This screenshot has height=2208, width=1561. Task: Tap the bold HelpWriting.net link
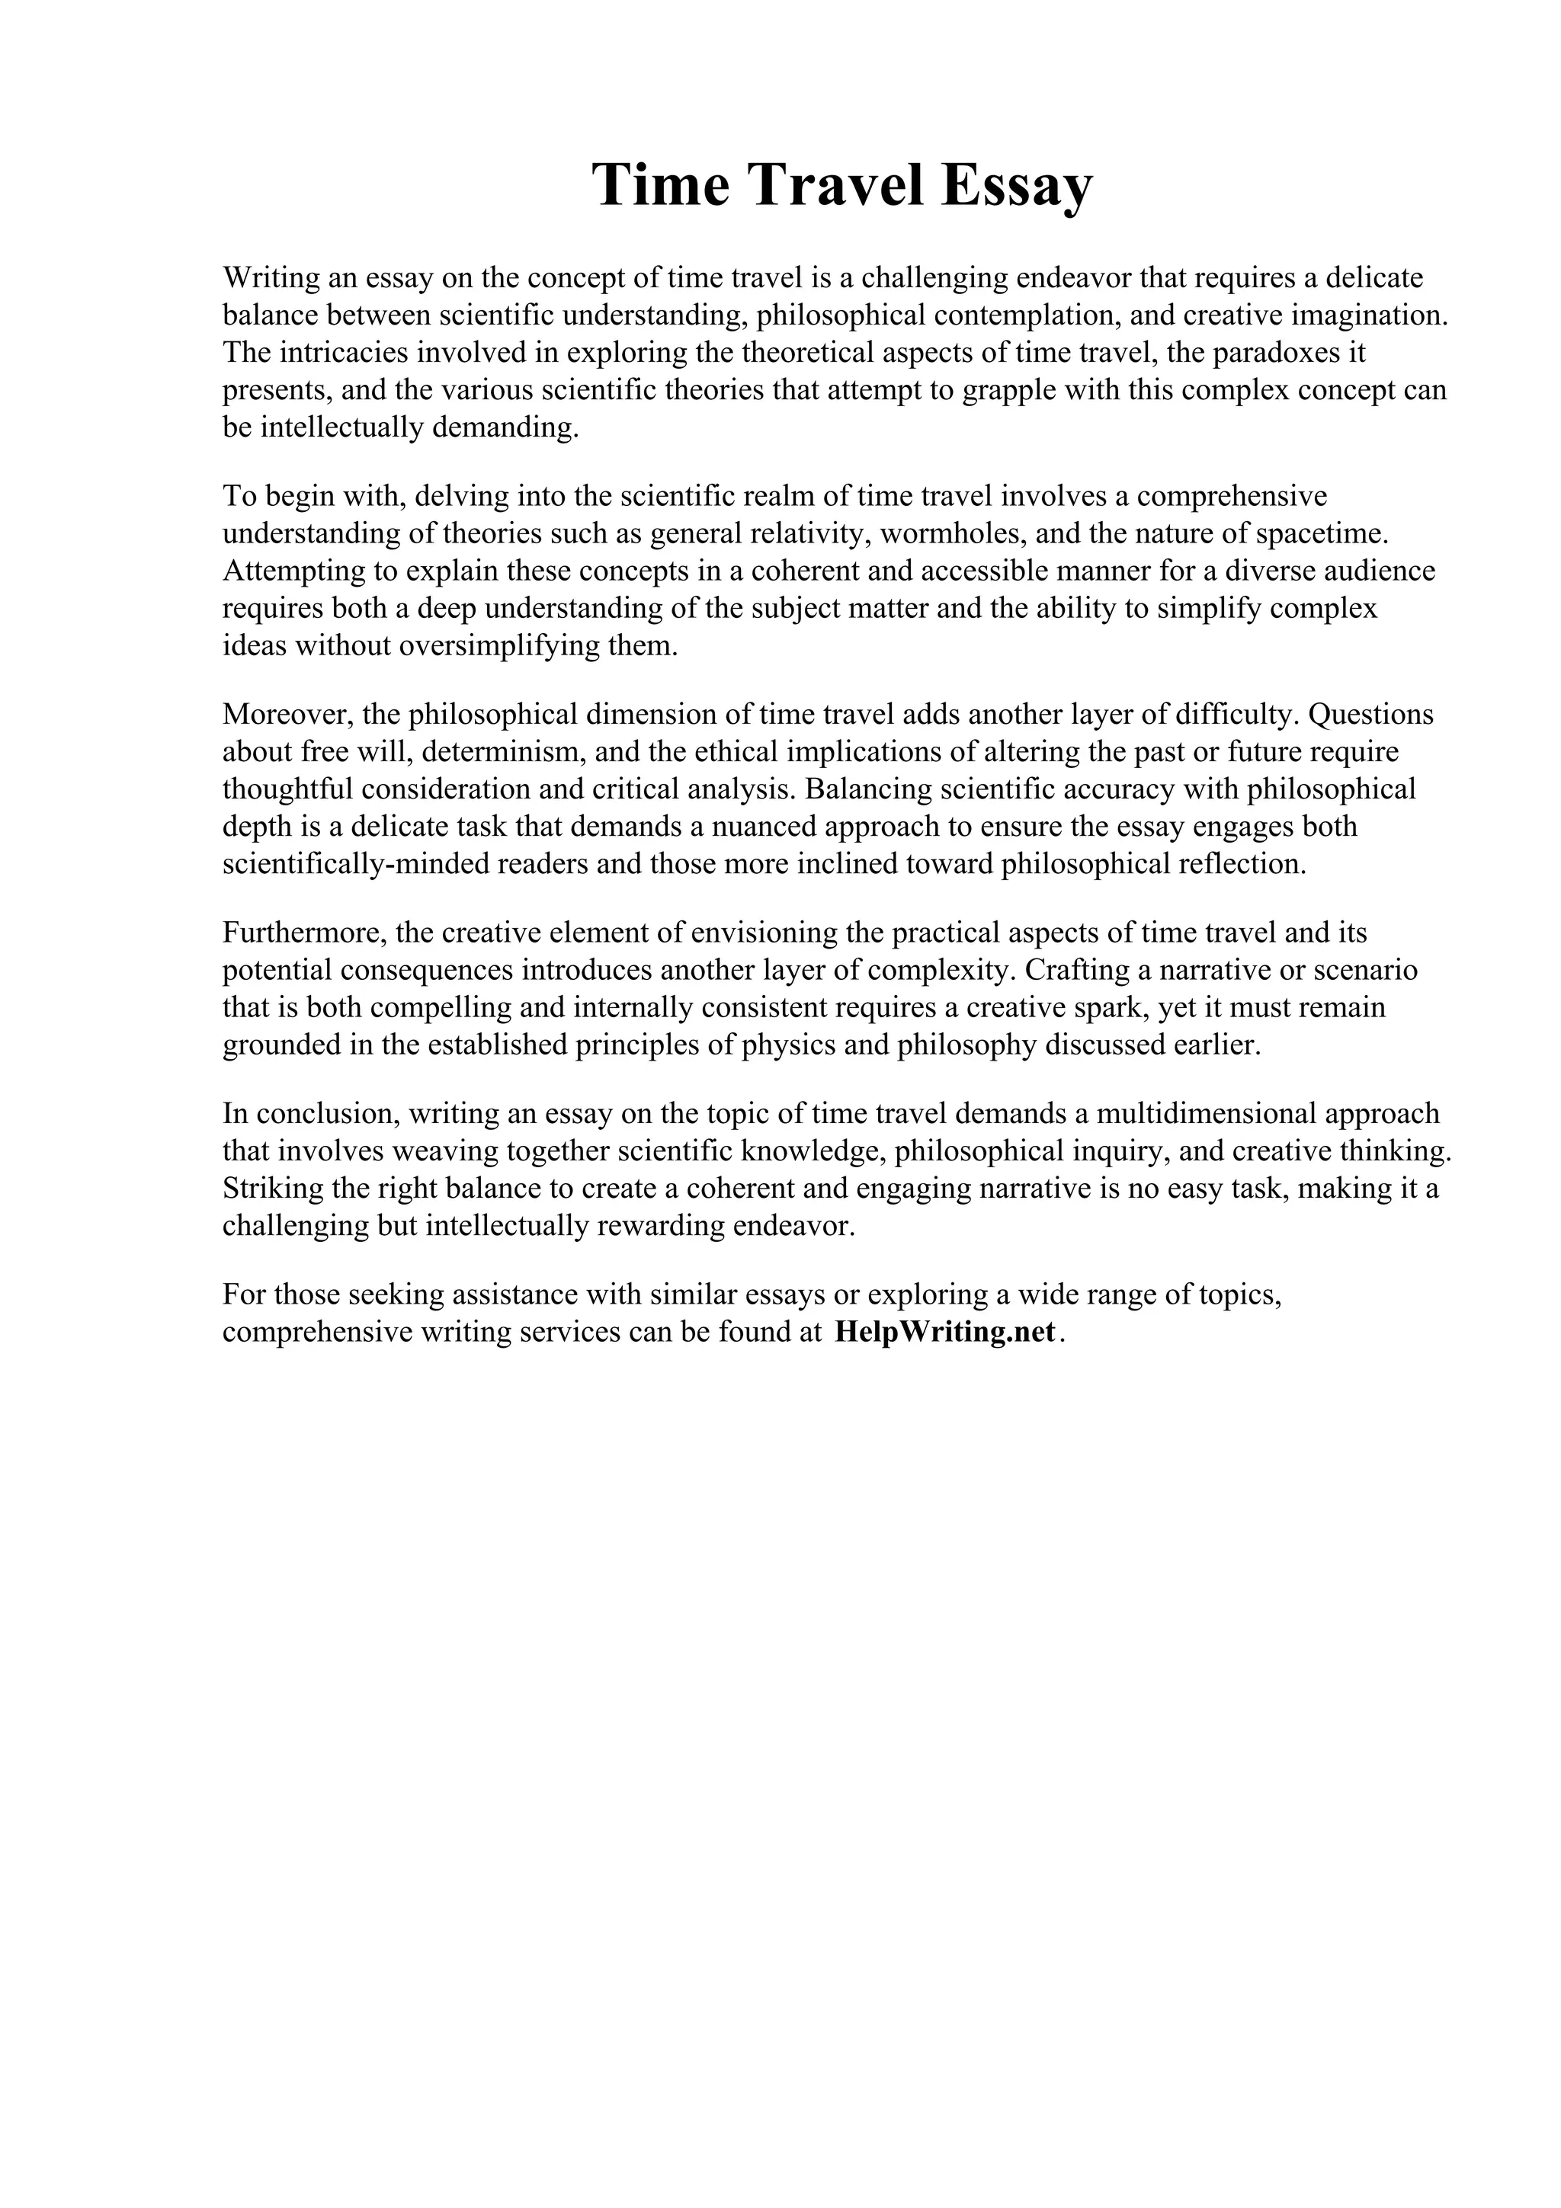[945, 1332]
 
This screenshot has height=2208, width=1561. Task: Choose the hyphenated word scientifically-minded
[356, 863]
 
